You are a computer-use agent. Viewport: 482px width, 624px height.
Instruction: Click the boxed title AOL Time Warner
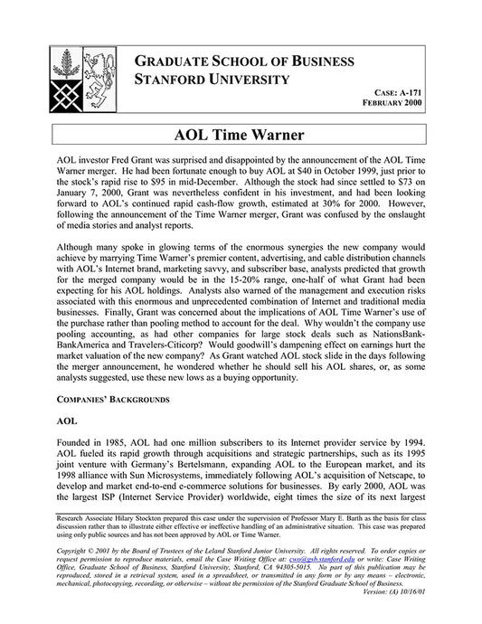pyautogui.click(x=241, y=137)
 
